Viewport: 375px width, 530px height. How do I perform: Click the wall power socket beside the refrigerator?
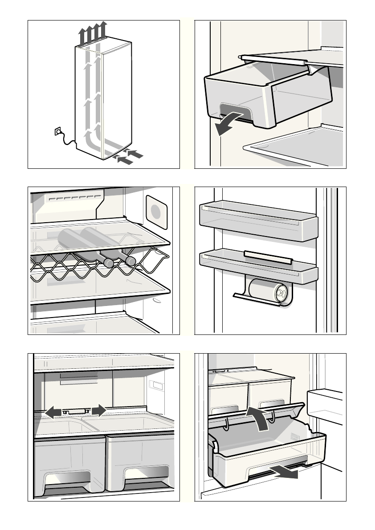[x=57, y=131]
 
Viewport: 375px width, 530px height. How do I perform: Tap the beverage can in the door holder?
[x=269, y=292]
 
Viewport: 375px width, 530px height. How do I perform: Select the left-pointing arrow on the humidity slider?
[x=53, y=412]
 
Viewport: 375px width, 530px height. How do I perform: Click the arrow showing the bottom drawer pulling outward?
[x=285, y=472]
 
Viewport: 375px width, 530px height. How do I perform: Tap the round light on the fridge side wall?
[x=156, y=211]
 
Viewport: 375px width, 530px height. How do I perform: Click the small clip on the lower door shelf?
[x=268, y=257]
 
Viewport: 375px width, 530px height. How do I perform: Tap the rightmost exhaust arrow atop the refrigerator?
[x=103, y=31]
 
